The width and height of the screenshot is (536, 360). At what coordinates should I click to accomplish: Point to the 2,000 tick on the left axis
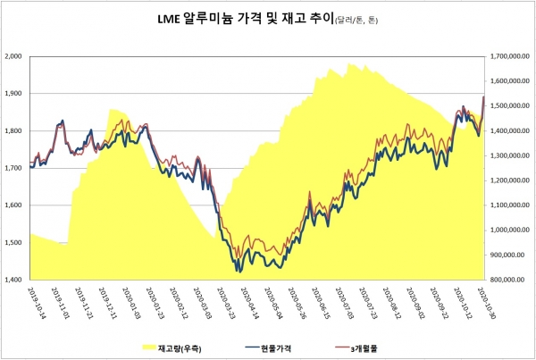pyautogui.click(x=14, y=55)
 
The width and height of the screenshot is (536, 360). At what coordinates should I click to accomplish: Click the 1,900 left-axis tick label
pyautogui.click(x=14, y=93)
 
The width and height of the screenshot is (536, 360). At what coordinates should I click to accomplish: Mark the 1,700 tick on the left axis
pyautogui.click(x=14, y=168)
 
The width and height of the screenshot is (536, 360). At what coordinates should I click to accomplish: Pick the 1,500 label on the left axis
pyautogui.click(x=14, y=243)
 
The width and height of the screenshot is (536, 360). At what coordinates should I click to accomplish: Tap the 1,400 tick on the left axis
pyautogui.click(x=14, y=280)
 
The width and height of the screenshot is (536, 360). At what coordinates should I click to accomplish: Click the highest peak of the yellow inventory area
pyautogui.click(x=349, y=63)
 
